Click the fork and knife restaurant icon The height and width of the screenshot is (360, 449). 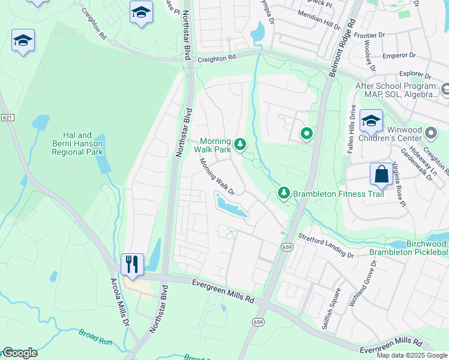pos(132,263)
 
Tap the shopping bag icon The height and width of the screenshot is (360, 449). pos(381,174)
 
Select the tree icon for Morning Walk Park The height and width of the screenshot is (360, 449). pos(240,144)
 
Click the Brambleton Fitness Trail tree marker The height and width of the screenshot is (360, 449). pos(283,193)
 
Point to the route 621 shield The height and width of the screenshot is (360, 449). pos(7,118)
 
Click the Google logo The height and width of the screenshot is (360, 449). pos(19,353)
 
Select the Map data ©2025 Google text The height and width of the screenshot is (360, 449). pos(412,355)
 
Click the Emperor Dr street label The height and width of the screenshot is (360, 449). pos(403,55)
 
